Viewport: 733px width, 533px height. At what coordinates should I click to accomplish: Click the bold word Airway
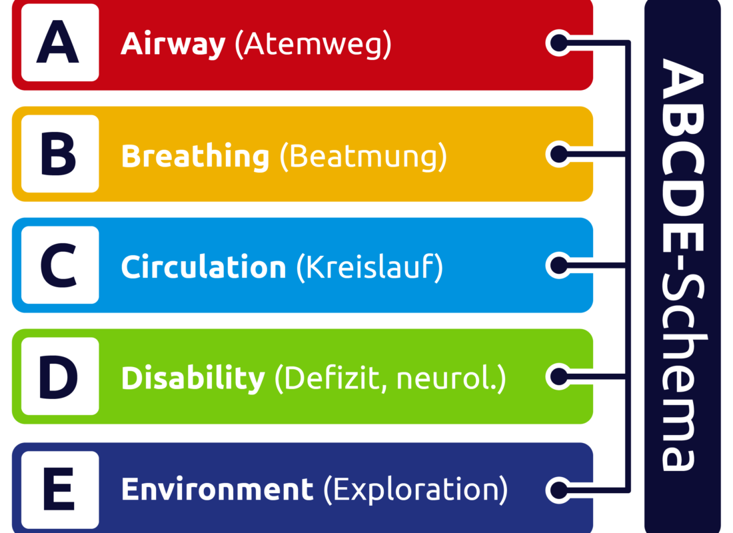(x=173, y=45)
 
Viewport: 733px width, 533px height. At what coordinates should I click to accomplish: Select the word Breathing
(x=195, y=157)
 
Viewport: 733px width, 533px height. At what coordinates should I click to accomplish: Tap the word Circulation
(x=203, y=267)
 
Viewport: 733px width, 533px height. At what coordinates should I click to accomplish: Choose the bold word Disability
(x=193, y=378)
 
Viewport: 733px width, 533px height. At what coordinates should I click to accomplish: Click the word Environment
(x=217, y=490)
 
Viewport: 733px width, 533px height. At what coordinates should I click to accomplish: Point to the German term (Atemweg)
(x=313, y=45)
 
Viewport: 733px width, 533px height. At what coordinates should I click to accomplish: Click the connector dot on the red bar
(x=558, y=43)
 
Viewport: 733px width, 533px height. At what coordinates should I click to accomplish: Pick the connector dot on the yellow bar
(x=558, y=155)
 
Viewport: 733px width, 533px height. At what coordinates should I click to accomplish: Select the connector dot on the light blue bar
(x=558, y=266)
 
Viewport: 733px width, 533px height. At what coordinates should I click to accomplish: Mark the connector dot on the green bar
(x=558, y=376)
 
